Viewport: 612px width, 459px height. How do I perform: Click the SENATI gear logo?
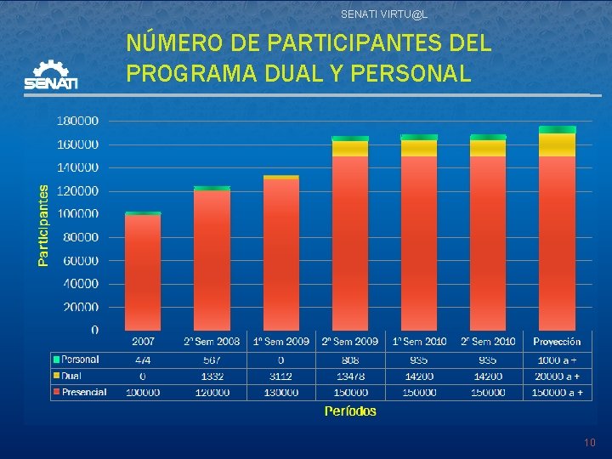[x=51, y=75]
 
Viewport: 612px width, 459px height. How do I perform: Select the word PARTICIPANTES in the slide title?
[x=356, y=42]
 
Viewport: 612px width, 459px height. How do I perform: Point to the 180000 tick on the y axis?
[x=77, y=121]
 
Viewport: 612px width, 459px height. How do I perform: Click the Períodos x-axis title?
[x=350, y=411]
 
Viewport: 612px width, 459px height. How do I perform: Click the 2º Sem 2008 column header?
[x=212, y=342]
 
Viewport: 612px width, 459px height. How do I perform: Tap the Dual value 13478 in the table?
[x=350, y=376]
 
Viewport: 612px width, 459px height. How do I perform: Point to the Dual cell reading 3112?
[x=281, y=376]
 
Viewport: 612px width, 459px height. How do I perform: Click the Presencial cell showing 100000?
[x=143, y=392]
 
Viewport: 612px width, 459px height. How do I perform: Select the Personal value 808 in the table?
[x=350, y=360]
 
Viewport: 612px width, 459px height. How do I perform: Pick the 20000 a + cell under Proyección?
[x=558, y=376]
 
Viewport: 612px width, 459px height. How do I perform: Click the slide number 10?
[x=590, y=443]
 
